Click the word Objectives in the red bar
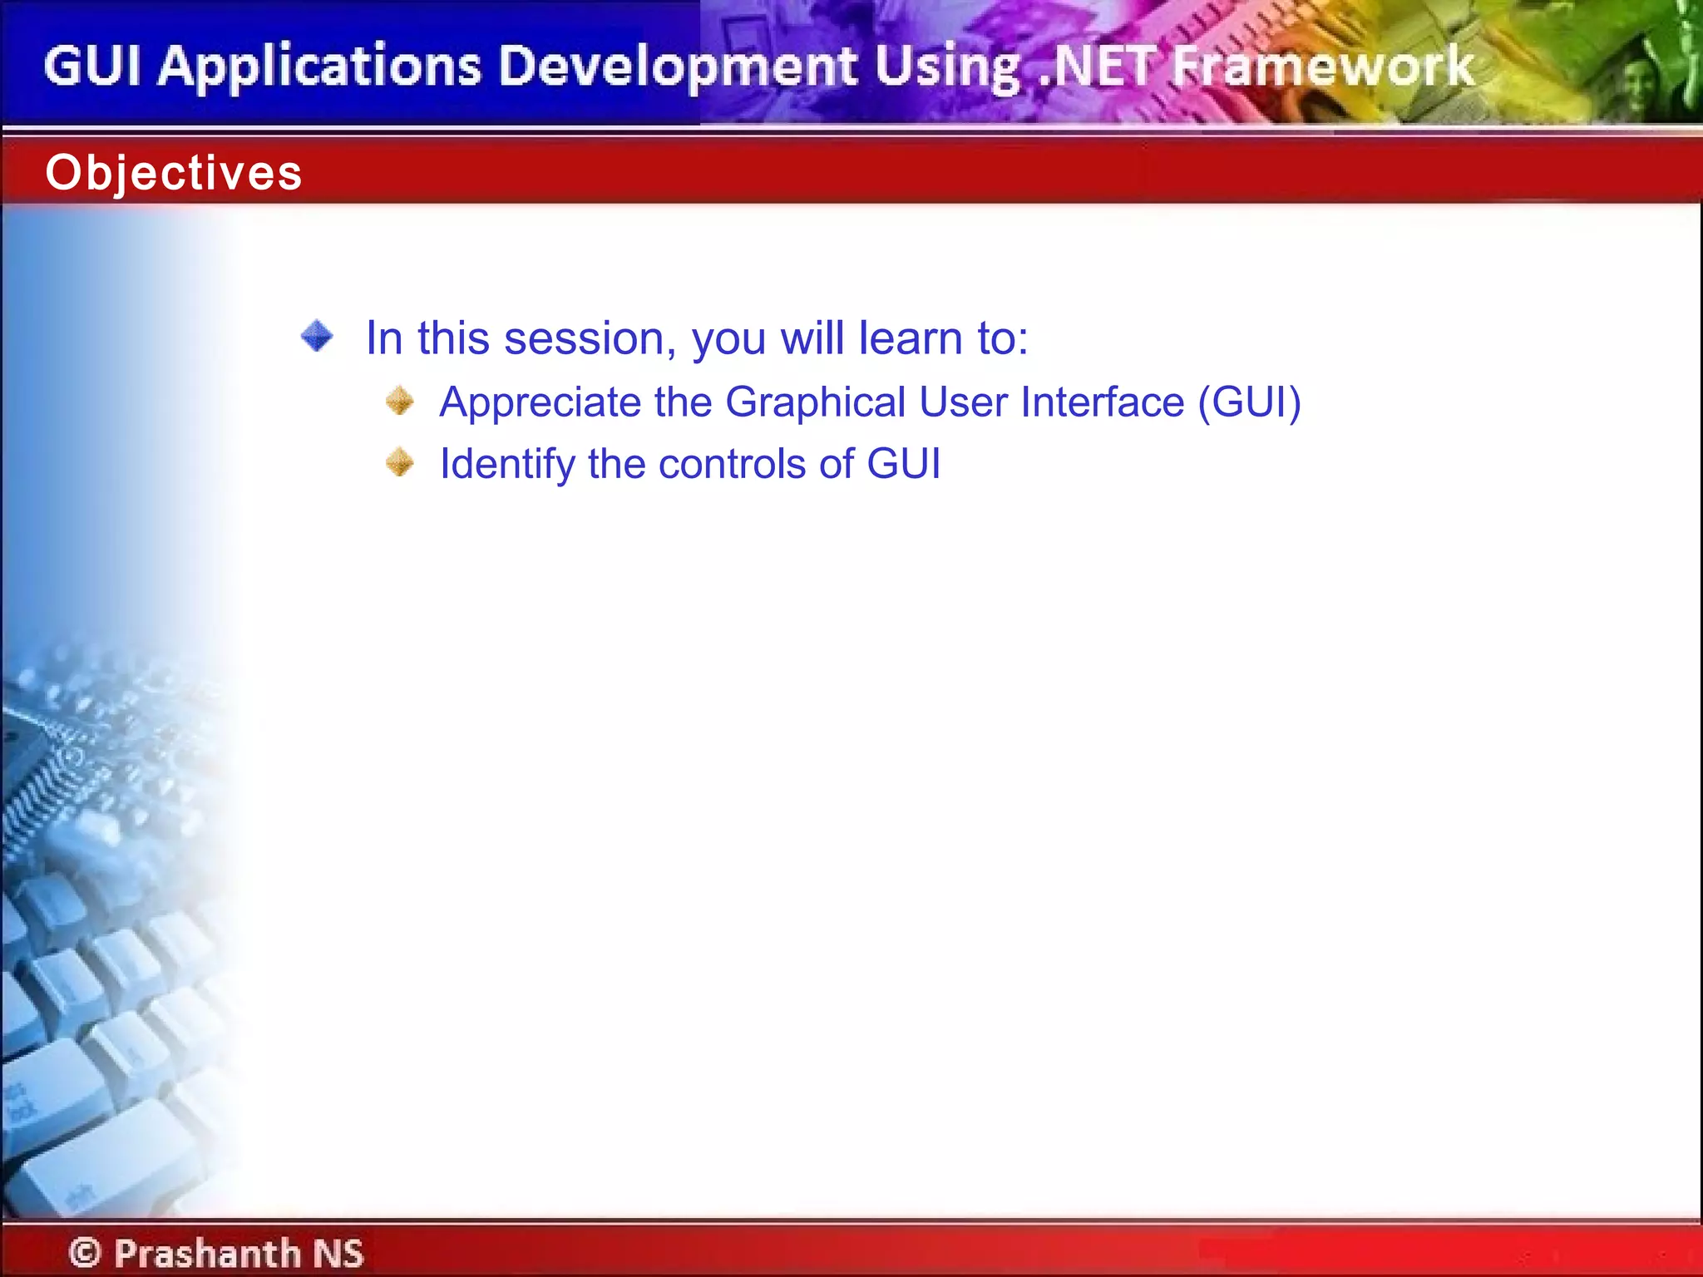click(173, 173)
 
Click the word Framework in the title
click(1322, 67)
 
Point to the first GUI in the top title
click(91, 67)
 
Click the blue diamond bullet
click(317, 337)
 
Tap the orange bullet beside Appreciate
click(400, 402)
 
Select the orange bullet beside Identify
click(400, 462)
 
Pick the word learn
click(910, 338)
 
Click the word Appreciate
click(541, 403)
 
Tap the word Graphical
click(815, 403)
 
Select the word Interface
click(1102, 402)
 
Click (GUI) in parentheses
click(1249, 402)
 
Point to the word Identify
click(506, 465)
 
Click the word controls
click(732, 464)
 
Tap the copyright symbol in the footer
click(85, 1252)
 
